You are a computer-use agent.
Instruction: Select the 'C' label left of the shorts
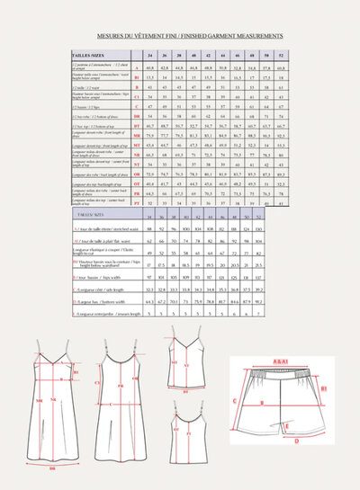tap(236, 401)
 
